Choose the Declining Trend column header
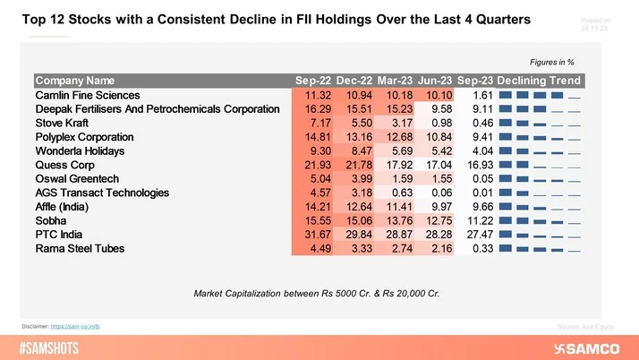[539, 81]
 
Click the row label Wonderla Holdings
[85, 150]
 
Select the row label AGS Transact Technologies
[101, 192]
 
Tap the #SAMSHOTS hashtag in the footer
[50, 347]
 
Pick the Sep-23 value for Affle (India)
[475, 206]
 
